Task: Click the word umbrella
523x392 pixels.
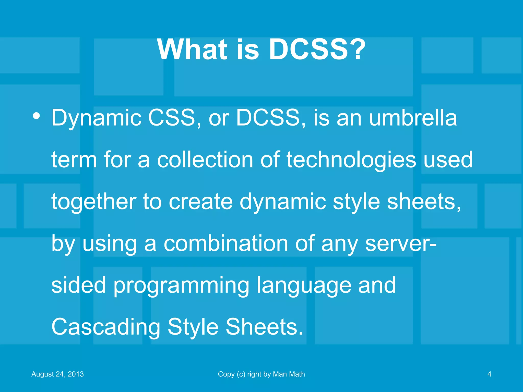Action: (413, 118)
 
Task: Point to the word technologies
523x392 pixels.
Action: (351, 160)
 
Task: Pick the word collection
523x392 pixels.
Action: (205, 160)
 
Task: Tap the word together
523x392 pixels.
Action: (94, 202)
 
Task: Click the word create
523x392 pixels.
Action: (201, 202)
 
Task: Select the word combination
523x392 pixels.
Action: (226, 243)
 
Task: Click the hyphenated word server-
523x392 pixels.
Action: (401, 243)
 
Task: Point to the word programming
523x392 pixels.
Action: (181, 285)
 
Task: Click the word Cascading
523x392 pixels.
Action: (106, 327)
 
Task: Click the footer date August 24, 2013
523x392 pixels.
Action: (57, 374)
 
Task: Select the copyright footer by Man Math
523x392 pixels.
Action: (261, 374)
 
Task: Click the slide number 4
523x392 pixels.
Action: (489, 374)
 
